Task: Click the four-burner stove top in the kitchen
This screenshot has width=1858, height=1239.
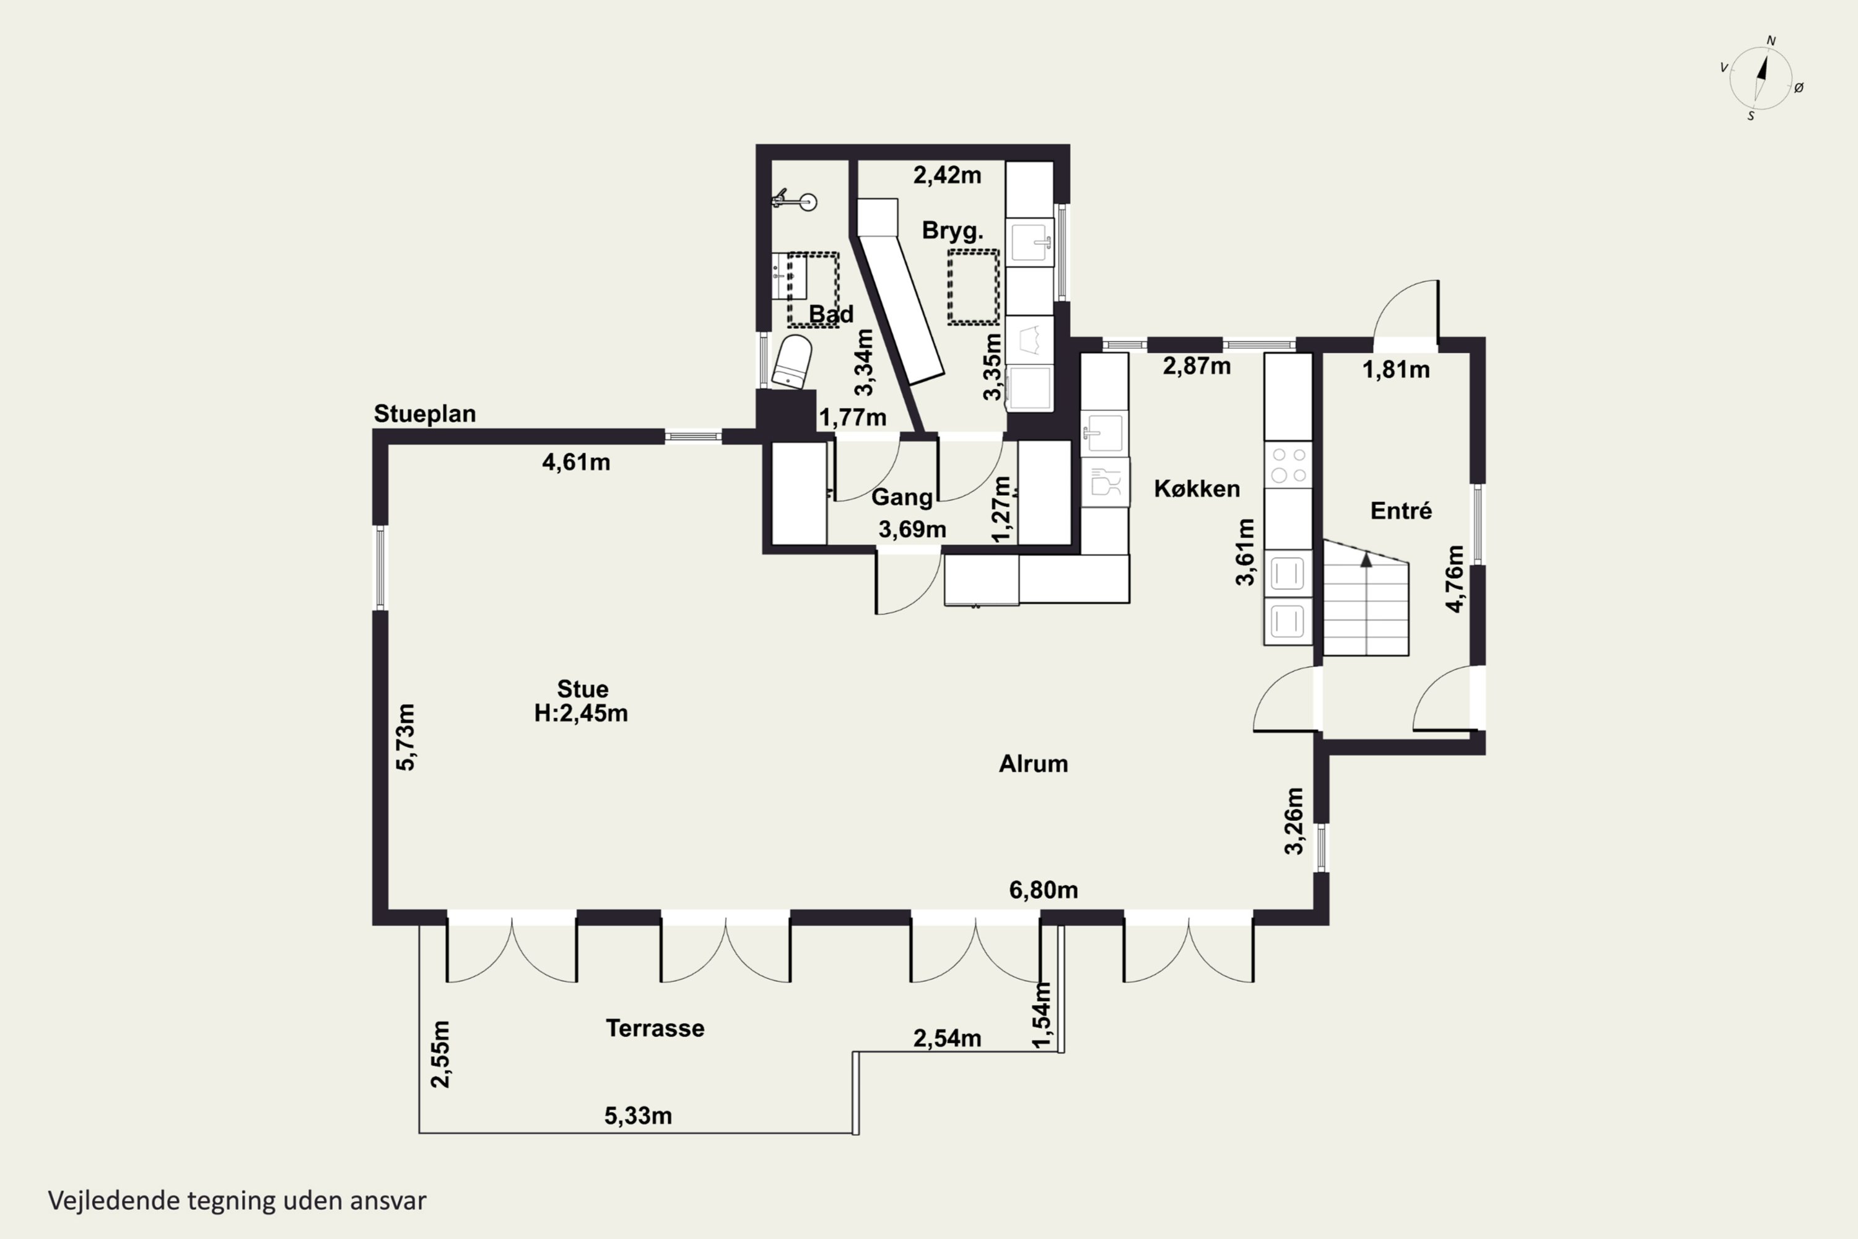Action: coord(1288,465)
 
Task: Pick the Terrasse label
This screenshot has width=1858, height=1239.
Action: coord(655,1028)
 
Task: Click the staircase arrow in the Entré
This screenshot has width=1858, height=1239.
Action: coord(1366,560)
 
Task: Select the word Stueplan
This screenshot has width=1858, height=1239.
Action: coord(425,414)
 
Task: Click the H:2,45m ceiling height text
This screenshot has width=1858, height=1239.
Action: coord(582,714)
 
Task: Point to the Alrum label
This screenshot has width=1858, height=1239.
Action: coord(1033,764)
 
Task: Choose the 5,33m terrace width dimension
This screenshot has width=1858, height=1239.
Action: coord(639,1116)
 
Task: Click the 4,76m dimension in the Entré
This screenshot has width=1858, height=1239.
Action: coord(1454,579)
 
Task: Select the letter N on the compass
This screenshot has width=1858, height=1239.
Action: coord(1771,41)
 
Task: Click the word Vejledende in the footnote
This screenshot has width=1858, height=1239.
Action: coord(115,1201)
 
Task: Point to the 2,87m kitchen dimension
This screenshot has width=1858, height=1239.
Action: coord(1197,366)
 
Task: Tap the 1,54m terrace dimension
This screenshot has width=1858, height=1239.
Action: coord(1043,1015)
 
